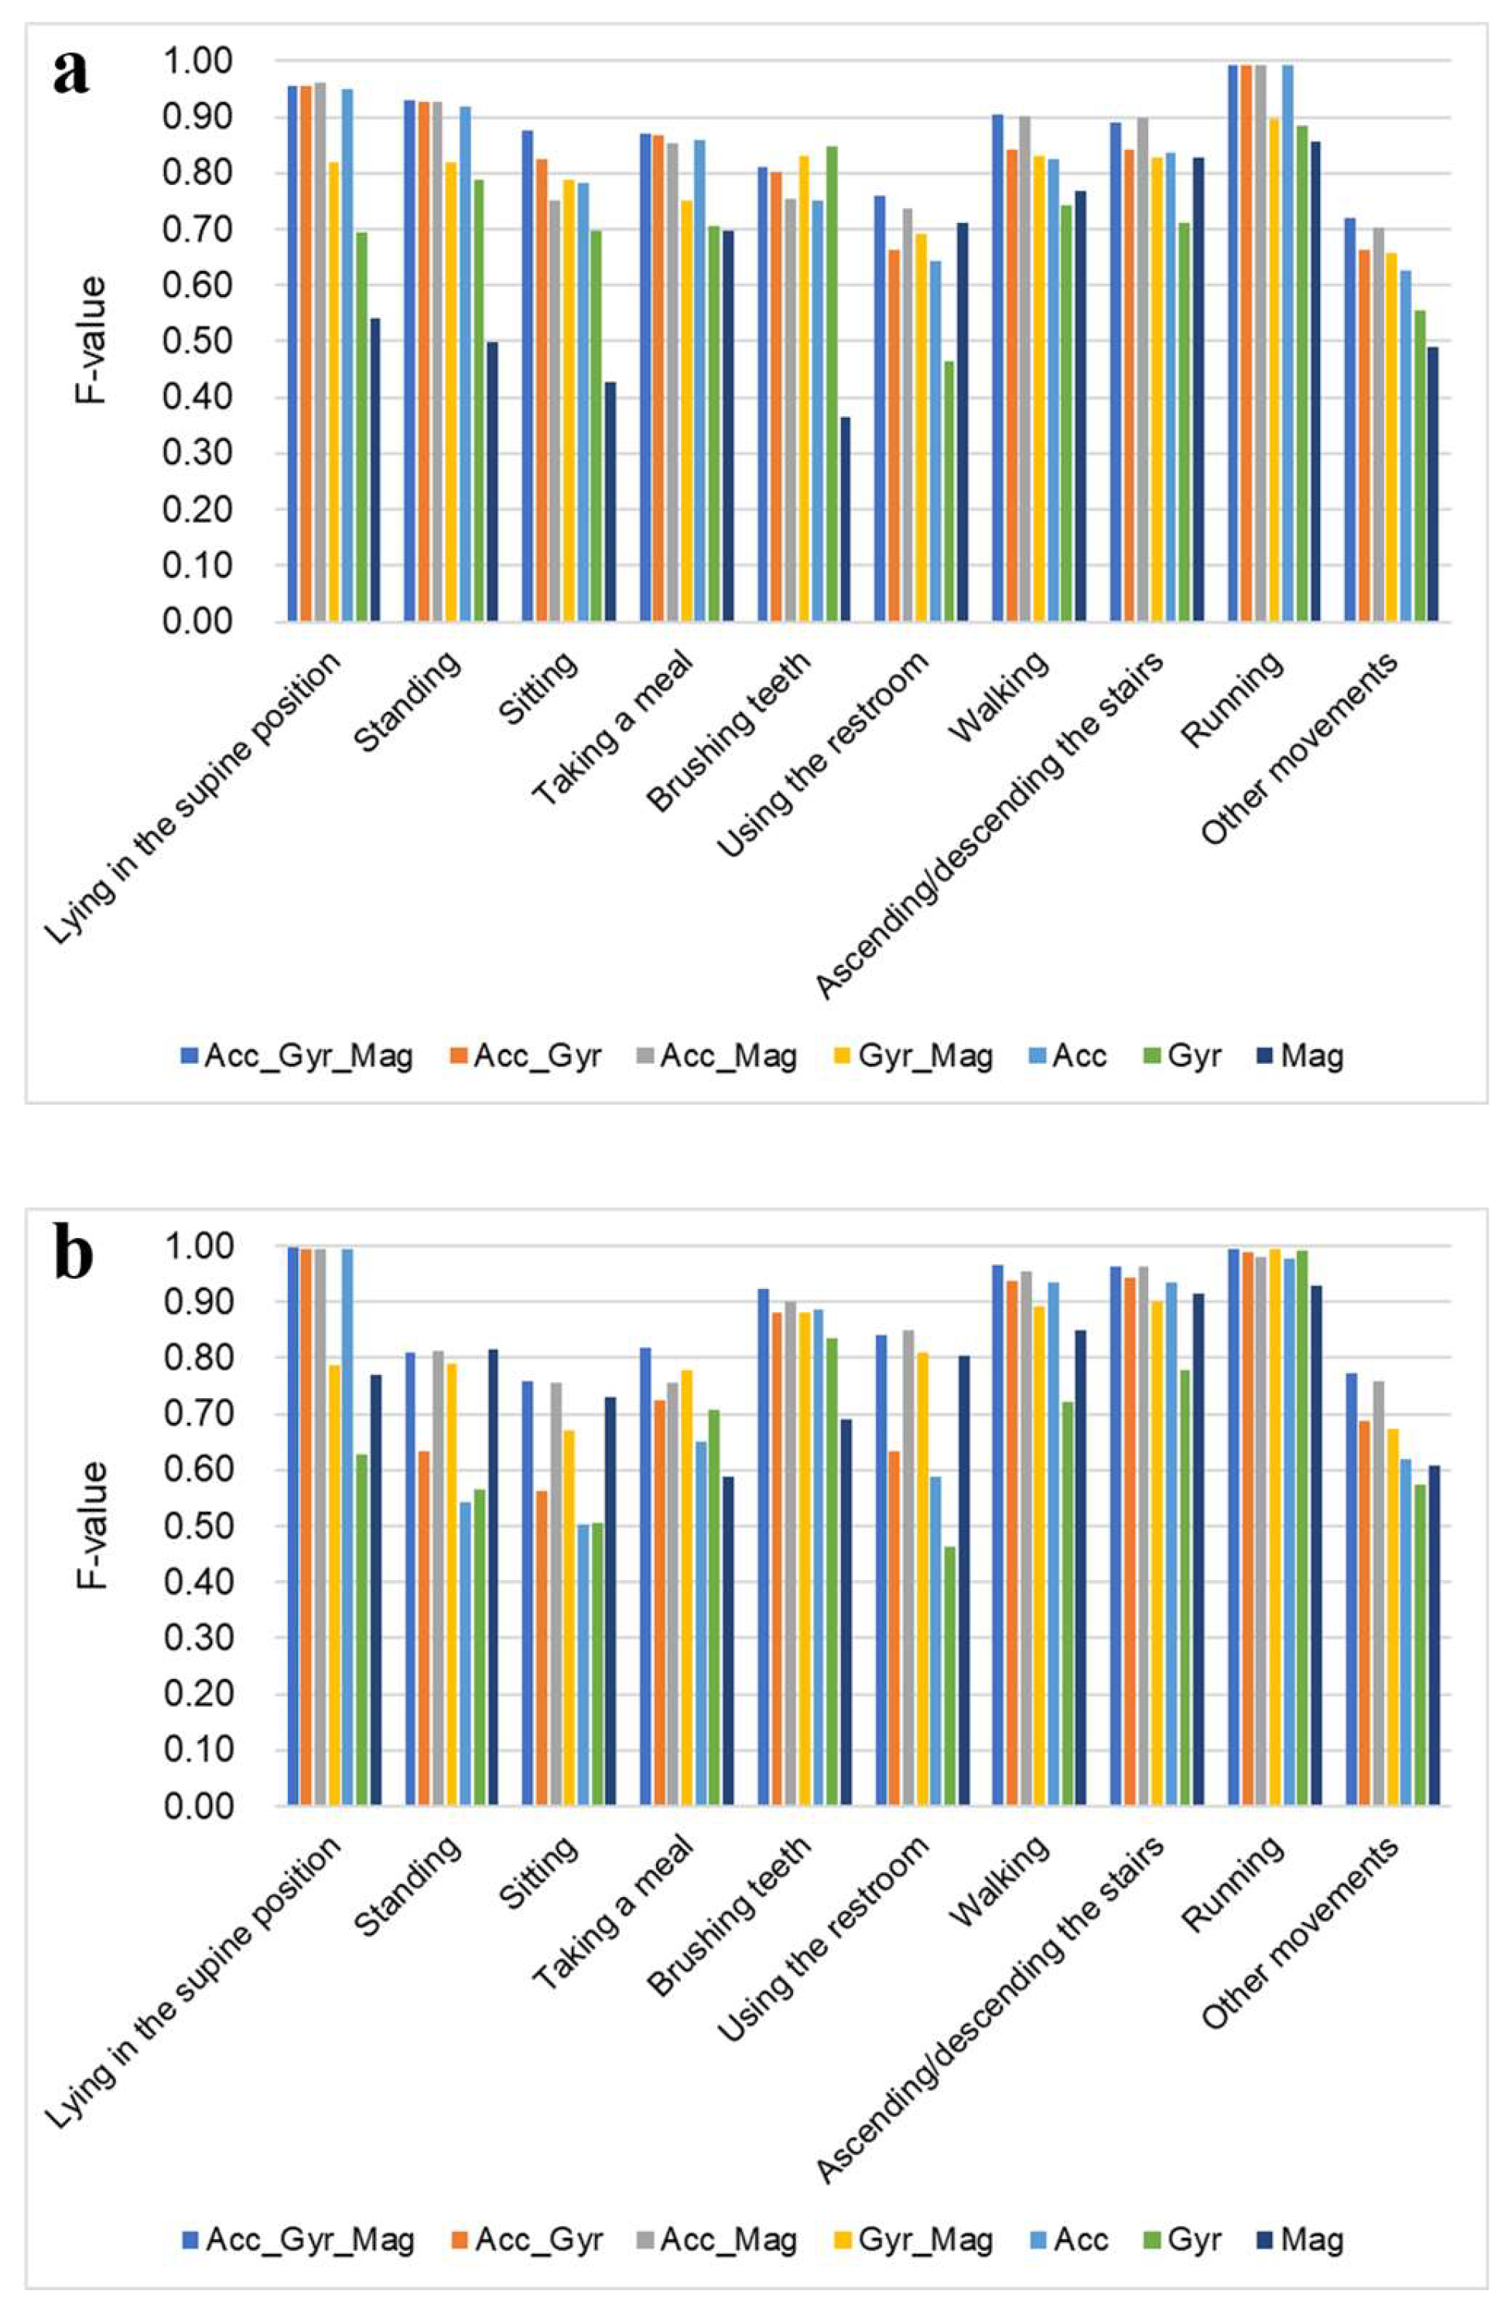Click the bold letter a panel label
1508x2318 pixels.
tap(70, 70)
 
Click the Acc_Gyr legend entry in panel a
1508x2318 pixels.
tap(526, 1056)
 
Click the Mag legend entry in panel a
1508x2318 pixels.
tap(1301, 1056)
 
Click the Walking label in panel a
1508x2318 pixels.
tap(1001, 696)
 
